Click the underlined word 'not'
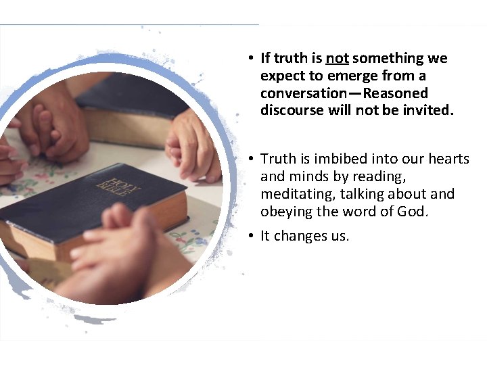click(x=337, y=59)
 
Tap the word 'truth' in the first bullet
click(x=290, y=59)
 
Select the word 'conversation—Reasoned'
click(x=344, y=93)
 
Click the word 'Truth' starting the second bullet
click(x=278, y=159)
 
